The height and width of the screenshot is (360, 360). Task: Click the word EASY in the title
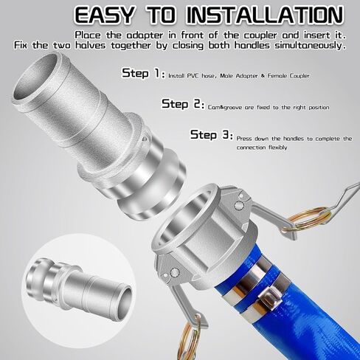(105, 15)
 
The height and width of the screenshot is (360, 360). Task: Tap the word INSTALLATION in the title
(265, 15)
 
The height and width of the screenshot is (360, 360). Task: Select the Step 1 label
(143, 73)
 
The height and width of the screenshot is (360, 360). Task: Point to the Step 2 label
(183, 104)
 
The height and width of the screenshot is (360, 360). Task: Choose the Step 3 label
(212, 135)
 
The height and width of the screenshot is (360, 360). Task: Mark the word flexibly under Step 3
(278, 148)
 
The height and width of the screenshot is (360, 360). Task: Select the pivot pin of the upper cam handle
(238, 205)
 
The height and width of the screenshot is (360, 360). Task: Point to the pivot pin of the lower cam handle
(174, 272)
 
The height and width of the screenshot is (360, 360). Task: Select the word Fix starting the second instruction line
(21, 46)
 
